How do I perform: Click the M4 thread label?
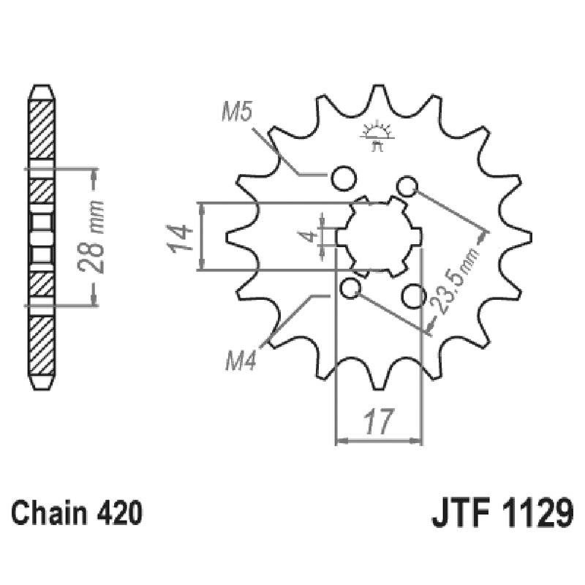tap(239, 362)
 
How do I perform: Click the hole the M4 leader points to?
tap(351, 289)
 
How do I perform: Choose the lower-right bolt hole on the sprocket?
tap(415, 296)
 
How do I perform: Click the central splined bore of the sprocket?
tap(379, 236)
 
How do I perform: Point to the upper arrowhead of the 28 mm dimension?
tap(93, 173)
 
